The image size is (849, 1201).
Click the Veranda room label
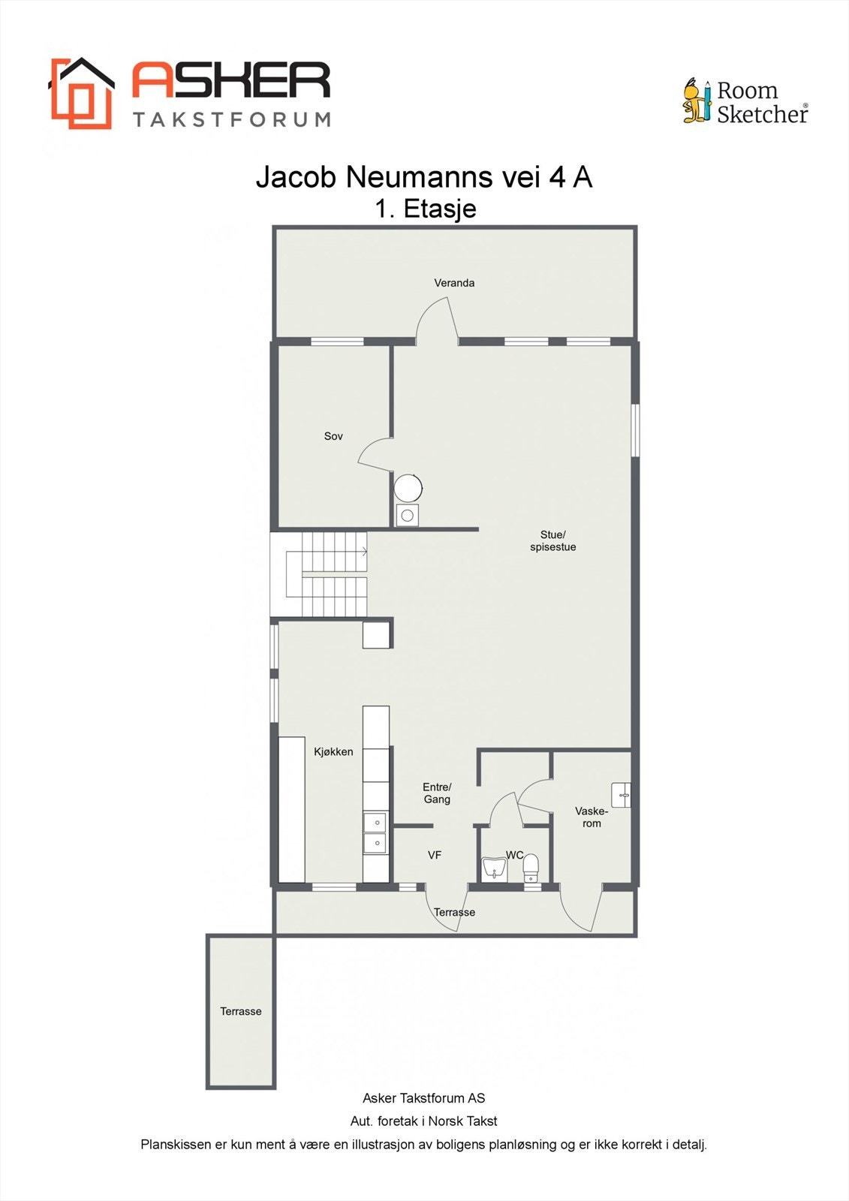pos(454,283)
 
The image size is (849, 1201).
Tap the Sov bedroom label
pos(333,436)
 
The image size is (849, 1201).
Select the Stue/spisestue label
pos(552,540)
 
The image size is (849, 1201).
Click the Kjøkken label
pos(333,751)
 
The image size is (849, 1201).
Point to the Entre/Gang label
pos(437,793)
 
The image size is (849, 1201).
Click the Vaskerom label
pos(592,817)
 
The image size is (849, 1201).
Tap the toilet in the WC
pos(531,867)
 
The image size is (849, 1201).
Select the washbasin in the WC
pos(494,869)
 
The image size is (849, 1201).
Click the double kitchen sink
pos(375,832)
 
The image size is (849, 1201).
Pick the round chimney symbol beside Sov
pos(408,488)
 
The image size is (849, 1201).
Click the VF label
pos(434,855)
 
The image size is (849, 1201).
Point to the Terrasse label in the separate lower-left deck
pos(240,1011)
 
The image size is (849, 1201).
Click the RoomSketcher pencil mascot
pos(697,101)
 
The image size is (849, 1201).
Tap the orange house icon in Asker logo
pos(81,93)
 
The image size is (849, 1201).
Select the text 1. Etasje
pos(425,208)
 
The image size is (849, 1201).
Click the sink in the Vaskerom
pos(621,794)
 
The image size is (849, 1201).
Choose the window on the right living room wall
pos(635,430)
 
